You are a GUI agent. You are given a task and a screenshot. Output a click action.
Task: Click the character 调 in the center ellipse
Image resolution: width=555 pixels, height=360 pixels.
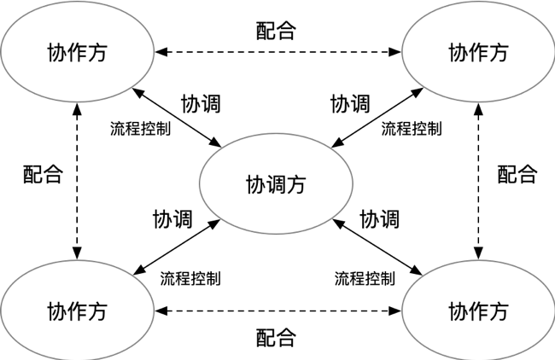pos(276,184)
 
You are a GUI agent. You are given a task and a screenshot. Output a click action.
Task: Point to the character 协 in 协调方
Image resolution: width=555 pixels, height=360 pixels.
pos(255,184)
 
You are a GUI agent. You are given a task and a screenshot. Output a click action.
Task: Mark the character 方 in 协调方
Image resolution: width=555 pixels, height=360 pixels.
pos(296,184)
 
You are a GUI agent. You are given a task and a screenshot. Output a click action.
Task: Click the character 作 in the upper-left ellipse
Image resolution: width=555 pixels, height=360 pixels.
pos(77,53)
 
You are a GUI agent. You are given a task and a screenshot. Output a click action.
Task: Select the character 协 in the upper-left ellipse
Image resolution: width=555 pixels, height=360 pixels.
pos(56,53)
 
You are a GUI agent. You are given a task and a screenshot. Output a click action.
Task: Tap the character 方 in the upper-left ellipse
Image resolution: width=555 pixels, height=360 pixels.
pos(97,53)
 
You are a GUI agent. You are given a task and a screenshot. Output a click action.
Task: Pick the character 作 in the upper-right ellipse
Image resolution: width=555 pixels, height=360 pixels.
pos(478,53)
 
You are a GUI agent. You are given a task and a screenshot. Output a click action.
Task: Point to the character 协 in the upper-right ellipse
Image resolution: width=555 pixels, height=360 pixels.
pos(458,53)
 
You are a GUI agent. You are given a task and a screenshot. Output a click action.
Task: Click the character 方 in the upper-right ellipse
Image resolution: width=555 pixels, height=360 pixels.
pos(499,53)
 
